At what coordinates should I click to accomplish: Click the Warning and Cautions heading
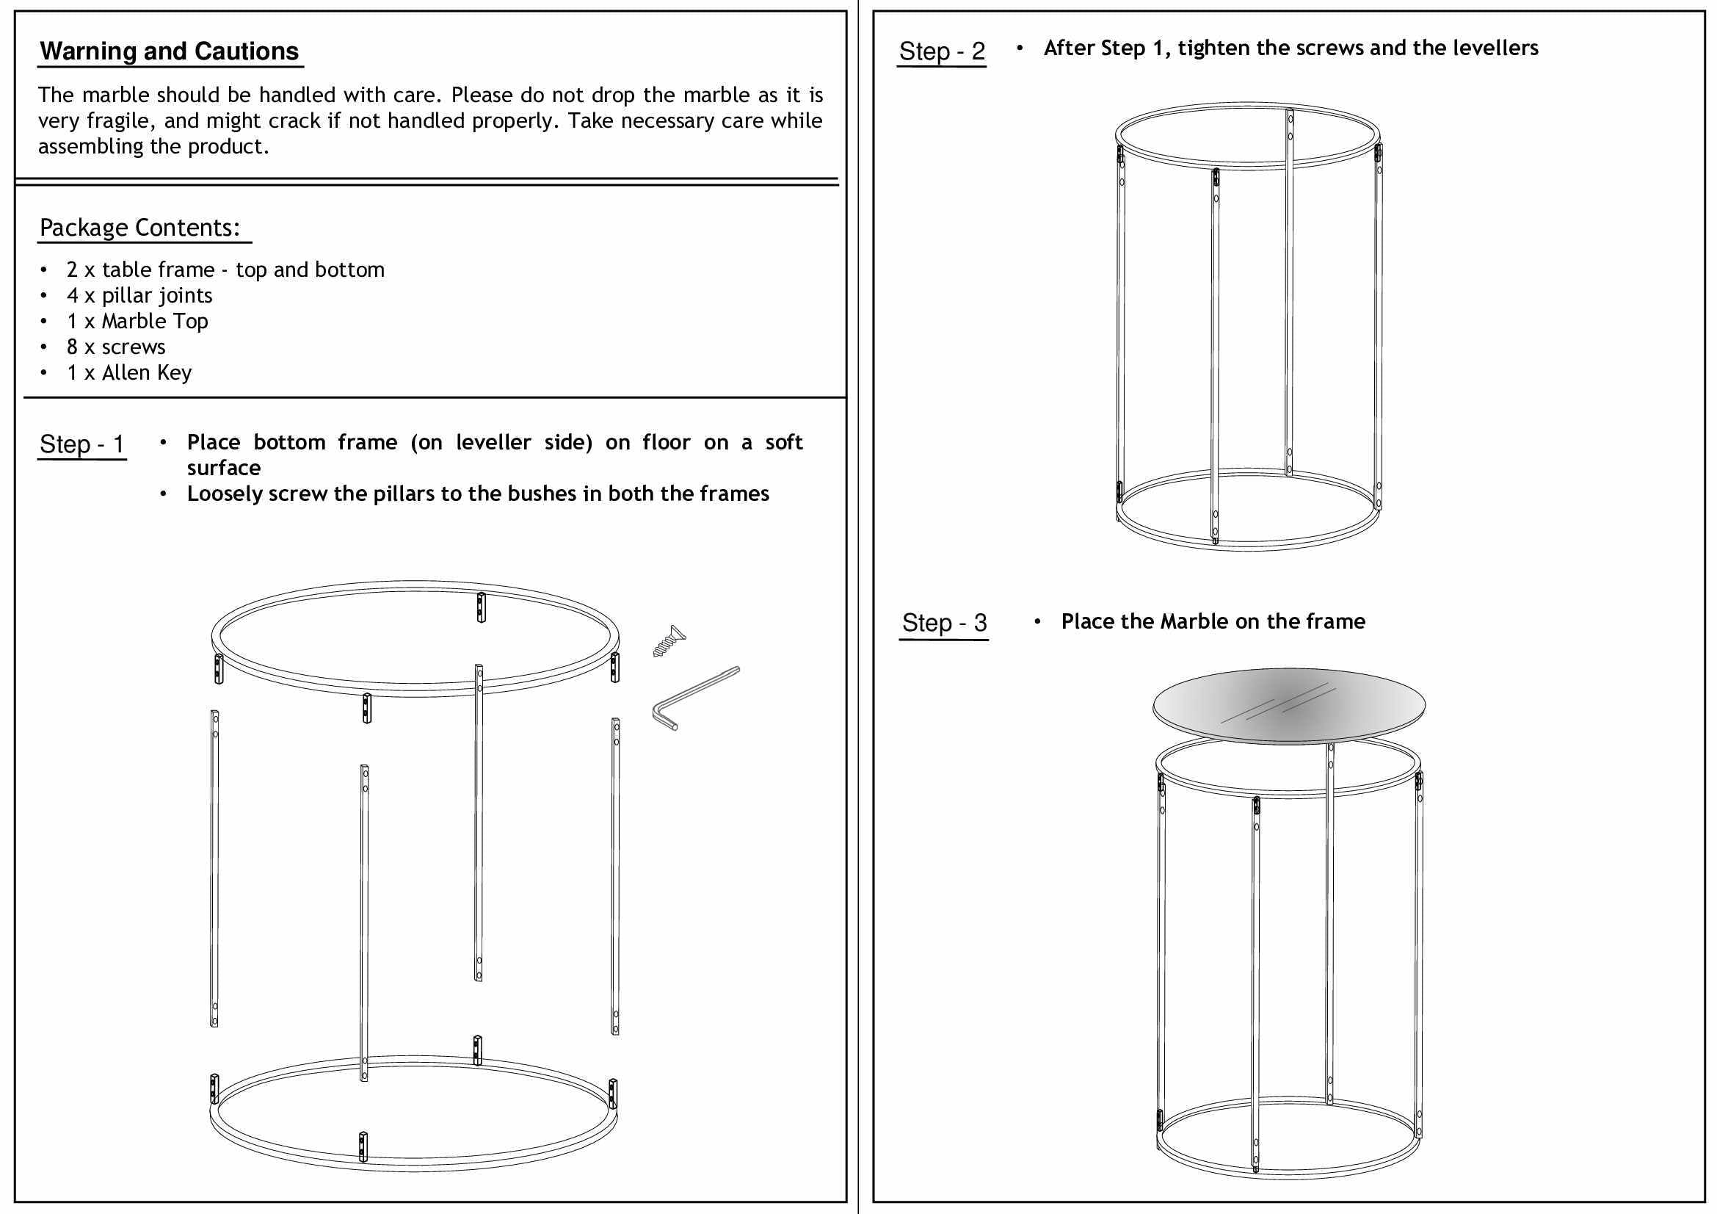[169, 51]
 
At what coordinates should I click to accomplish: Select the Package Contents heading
[140, 228]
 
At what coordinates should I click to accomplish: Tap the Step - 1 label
[81, 444]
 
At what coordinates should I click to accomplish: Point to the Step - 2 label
[942, 51]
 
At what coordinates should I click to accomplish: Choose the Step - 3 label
[944, 622]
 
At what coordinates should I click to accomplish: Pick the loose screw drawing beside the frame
[669, 642]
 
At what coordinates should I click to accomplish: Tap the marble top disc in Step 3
[1288, 705]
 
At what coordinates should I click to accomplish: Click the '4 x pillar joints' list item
[139, 295]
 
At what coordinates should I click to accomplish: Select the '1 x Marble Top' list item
[137, 321]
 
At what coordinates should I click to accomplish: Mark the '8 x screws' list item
[116, 347]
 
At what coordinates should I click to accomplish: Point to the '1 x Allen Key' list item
[128, 372]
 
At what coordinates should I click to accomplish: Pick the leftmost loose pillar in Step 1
[214, 867]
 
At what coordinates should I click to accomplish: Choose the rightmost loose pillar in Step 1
[615, 875]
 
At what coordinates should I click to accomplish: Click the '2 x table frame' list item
[225, 270]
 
